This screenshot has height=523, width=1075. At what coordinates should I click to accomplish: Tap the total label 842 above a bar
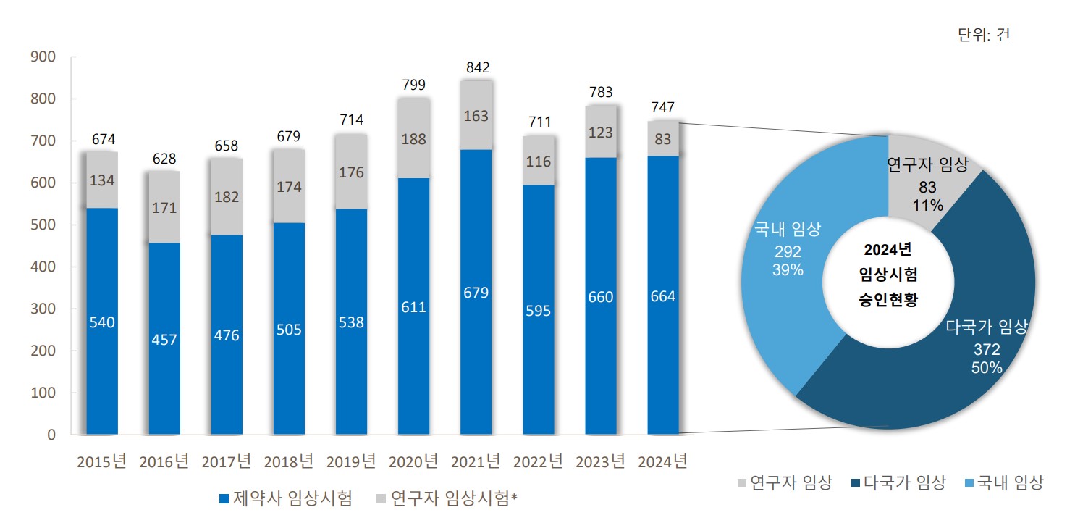[478, 67]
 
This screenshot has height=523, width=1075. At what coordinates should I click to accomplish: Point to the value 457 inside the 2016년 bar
[164, 340]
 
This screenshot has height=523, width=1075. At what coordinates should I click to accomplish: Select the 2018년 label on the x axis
[289, 461]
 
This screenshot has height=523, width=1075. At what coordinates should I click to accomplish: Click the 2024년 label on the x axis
[663, 461]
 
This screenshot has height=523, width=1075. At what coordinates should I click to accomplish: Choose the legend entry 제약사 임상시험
[285, 498]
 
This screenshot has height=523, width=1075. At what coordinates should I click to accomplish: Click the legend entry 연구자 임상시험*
[448, 498]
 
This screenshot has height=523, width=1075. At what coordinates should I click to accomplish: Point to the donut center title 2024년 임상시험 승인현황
[888, 275]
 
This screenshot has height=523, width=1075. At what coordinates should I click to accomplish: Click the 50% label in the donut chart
[987, 368]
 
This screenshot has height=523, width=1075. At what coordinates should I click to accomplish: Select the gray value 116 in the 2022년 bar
[539, 162]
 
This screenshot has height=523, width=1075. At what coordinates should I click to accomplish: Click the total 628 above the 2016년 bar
[165, 159]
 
